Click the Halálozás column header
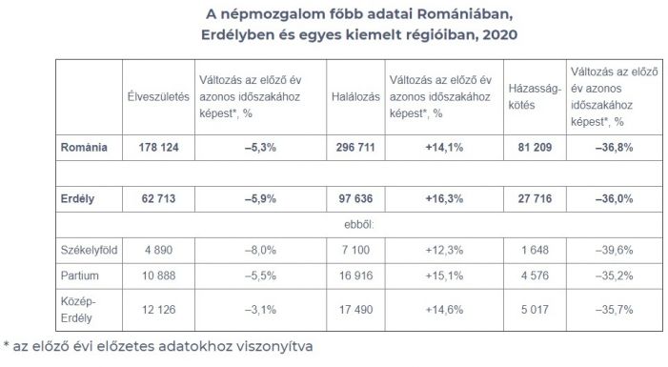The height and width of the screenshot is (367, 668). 356,97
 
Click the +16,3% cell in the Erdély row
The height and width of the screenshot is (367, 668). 442,198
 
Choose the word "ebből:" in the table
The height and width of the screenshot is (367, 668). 354,225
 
